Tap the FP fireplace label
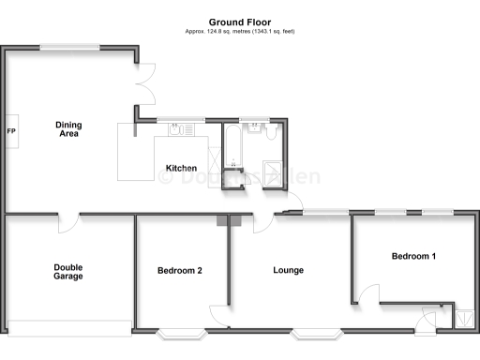pyautogui.click(x=11, y=130)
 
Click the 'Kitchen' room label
pyautogui.click(x=182, y=169)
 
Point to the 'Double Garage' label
pyautogui.click(x=67, y=272)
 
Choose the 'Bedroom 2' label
pyautogui.click(x=180, y=271)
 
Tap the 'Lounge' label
pyautogui.click(x=288, y=271)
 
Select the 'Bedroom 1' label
pyautogui.click(x=413, y=256)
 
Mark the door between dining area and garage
pyautogui.click(x=68, y=221)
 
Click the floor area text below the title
pyautogui.click(x=240, y=32)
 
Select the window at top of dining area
pyautogui.click(x=72, y=47)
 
